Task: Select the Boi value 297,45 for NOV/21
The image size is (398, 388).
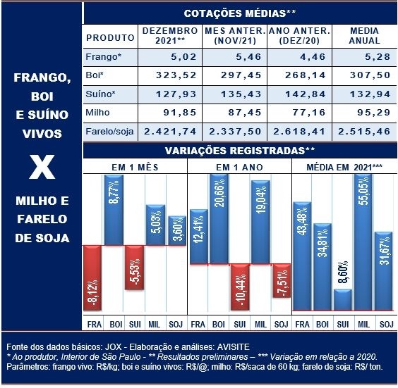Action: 241,75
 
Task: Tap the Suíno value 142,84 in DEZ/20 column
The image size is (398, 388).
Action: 306,94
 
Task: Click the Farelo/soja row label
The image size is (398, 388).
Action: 109,132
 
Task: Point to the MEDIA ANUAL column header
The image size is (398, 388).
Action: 364,36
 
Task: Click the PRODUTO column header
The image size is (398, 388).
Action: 110,38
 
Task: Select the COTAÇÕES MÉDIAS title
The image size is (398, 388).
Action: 240,13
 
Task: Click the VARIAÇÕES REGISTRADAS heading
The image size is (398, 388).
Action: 240,151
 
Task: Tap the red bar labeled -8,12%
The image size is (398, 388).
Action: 92,278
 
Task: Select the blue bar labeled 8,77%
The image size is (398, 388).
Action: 114,210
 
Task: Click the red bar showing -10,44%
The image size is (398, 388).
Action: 240,287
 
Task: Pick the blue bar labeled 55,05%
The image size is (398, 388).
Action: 363,242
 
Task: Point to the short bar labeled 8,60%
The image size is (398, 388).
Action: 343,300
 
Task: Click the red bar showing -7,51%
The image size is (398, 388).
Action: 282,281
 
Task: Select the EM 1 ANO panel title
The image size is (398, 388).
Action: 239,168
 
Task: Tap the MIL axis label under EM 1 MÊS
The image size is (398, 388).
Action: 154,325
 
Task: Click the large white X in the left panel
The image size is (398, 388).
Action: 42,167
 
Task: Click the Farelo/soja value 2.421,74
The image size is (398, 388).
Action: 170,132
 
